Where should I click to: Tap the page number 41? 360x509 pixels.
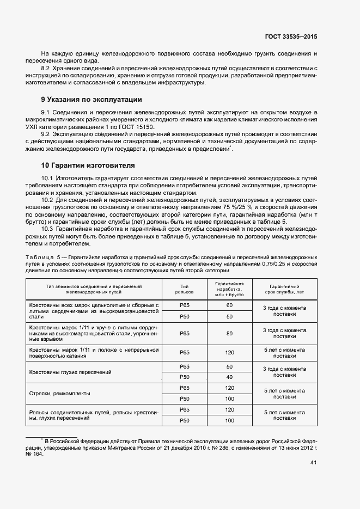313,463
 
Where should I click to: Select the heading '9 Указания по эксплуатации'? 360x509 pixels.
91,100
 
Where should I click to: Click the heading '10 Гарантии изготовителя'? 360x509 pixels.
88,165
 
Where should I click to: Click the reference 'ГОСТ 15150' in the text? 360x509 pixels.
137,126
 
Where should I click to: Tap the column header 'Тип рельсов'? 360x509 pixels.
184,289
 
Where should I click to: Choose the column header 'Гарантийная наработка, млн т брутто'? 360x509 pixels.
229,289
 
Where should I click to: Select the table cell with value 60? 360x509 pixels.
229,305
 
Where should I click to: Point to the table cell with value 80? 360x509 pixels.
229,333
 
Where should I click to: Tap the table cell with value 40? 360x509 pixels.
229,377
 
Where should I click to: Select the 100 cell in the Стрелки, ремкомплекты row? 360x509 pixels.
229,398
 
